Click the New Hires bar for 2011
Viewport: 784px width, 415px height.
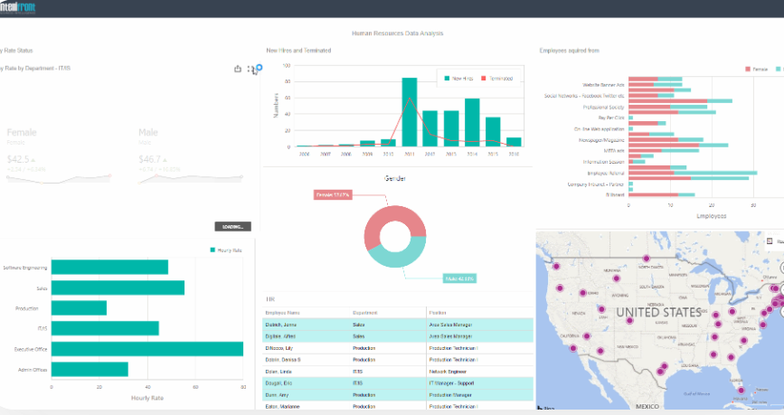409,112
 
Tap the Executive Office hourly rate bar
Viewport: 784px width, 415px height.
146,349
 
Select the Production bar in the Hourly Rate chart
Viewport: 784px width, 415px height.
79,308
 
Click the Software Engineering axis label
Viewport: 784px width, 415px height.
24,268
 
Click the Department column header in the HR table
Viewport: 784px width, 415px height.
365,312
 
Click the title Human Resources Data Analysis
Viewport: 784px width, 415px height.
397,33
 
